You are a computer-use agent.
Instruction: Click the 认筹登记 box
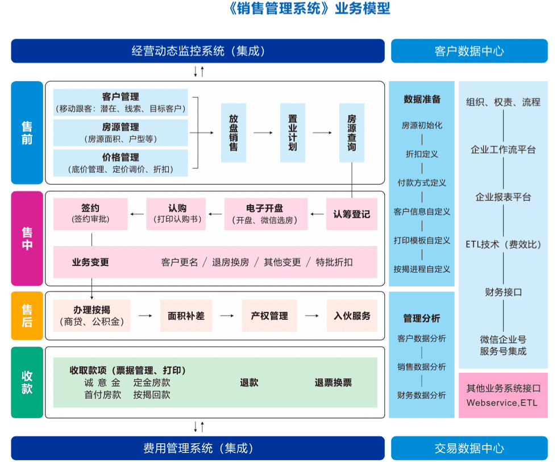click(351, 214)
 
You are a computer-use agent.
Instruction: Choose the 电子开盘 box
click(266, 214)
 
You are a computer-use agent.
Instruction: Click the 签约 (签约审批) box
click(90, 214)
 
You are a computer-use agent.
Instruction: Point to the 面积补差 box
click(186, 316)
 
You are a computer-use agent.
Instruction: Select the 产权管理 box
click(269, 316)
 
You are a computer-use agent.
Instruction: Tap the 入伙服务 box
click(352, 316)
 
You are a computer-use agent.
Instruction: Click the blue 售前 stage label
click(27, 133)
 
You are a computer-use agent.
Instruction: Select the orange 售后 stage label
click(27, 316)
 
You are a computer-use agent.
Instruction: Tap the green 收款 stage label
click(27, 382)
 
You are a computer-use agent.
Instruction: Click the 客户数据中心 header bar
click(469, 51)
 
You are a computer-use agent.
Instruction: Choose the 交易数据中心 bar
click(469, 448)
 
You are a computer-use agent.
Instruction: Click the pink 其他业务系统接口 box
click(503, 396)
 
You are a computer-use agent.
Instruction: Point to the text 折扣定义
click(422, 154)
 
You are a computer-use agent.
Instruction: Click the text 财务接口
click(503, 293)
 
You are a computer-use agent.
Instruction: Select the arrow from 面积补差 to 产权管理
click(227, 316)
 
